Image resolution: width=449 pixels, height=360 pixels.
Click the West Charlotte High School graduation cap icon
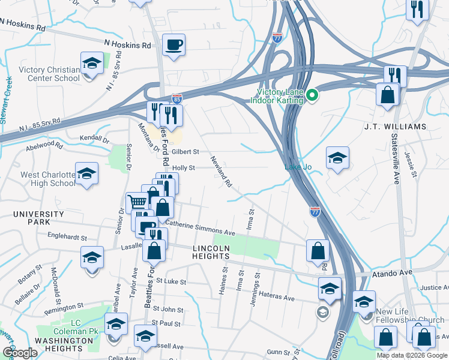click(87, 173)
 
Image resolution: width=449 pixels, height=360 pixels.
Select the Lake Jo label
click(298, 167)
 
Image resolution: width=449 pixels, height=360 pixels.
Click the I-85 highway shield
click(176, 97)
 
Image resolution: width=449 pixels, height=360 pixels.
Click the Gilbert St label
click(186, 152)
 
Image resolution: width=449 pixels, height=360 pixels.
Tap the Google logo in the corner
click(20, 353)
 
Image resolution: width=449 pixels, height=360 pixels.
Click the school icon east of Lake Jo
click(337, 158)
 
